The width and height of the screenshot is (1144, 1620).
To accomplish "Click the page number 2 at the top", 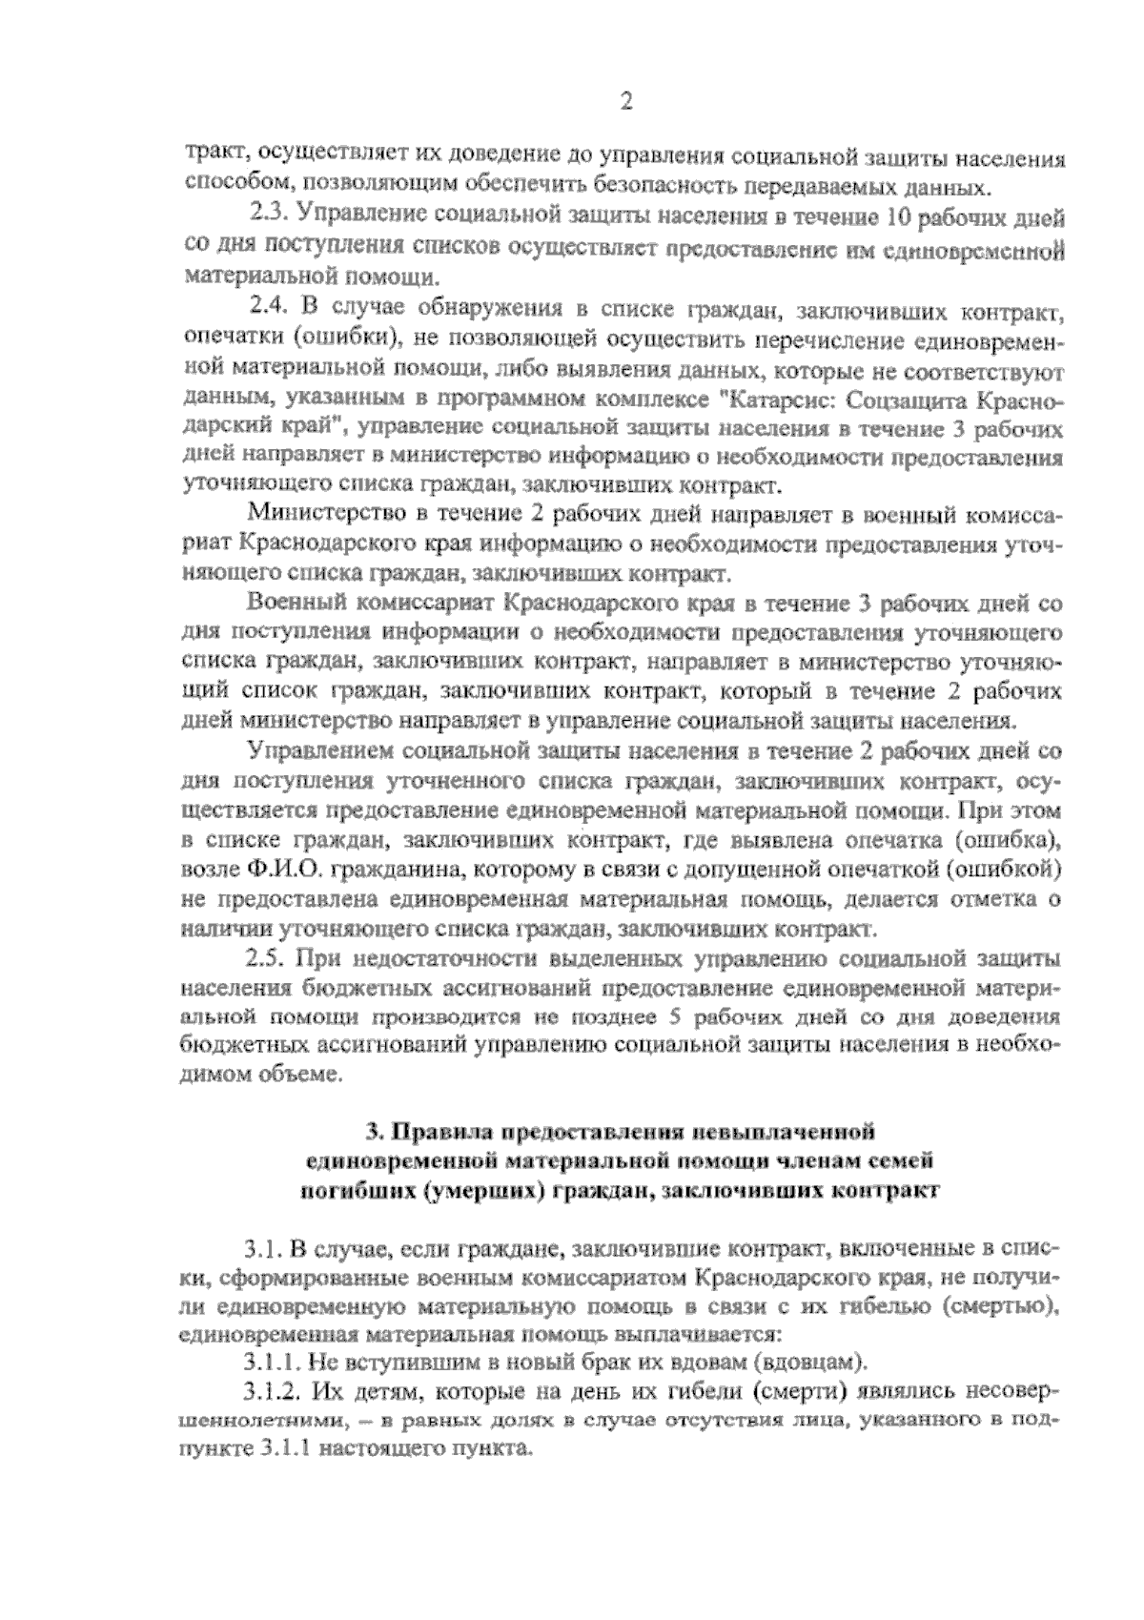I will [625, 102].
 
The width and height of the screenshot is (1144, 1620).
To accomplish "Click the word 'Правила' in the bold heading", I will [440, 1133].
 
